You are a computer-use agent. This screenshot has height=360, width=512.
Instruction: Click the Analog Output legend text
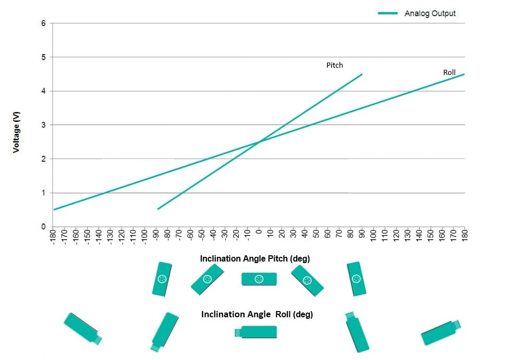pos(430,14)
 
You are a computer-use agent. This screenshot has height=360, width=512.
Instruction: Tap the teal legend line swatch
pos(387,13)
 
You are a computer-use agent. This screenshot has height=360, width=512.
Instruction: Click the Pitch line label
pos(335,65)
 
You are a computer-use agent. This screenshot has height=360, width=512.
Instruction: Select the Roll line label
pos(449,72)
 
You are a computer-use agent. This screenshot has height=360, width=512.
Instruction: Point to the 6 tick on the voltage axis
pos(43,23)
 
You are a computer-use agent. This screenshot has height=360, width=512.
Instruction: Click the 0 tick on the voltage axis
pos(43,227)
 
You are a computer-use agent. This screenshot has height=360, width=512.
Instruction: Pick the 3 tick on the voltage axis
pos(43,125)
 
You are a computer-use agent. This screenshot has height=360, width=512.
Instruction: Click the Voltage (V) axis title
pos(16,132)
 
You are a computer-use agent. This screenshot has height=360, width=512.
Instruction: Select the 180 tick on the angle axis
pos(465,235)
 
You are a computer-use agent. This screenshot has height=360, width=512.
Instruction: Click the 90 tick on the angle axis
pos(362,234)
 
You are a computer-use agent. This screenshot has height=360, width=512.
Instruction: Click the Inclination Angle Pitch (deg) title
pos(254,259)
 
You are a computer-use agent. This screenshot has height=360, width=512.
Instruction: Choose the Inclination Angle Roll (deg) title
pos(257,314)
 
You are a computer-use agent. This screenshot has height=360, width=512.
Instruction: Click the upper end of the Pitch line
pos(362,75)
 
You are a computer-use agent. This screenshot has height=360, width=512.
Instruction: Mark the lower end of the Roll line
pos(54,209)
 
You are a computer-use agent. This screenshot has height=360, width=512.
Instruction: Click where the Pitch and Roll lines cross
pos(259,142)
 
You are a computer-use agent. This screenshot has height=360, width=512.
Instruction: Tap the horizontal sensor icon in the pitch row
pos(259,279)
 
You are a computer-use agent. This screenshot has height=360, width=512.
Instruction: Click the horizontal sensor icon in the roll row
pos(255,332)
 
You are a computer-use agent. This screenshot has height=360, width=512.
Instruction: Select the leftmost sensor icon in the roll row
pos(82,328)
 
